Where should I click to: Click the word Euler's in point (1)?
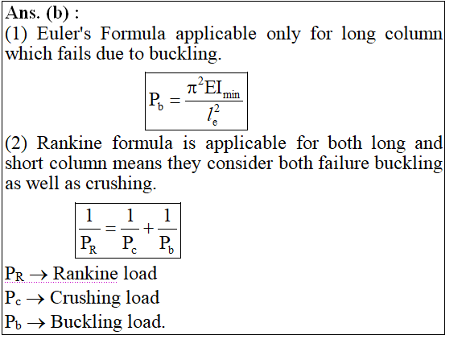click(64, 33)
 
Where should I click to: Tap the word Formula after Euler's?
click(133, 33)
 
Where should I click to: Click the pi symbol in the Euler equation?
click(192, 88)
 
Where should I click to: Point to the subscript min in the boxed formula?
click(231, 95)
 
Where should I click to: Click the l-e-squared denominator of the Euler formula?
click(213, 115)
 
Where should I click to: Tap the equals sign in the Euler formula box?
click(175, 101)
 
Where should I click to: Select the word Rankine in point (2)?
click(69, 143)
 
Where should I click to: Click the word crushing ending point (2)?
click(121, 184)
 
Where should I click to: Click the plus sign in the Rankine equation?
click(148, 229)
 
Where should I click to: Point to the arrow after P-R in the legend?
click(39, 275)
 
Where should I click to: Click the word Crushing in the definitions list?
click(85, 297)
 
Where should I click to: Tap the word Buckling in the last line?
click(86, 321)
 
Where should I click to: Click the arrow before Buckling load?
click(36, 323)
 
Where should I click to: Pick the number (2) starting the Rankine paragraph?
click(16, 143)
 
